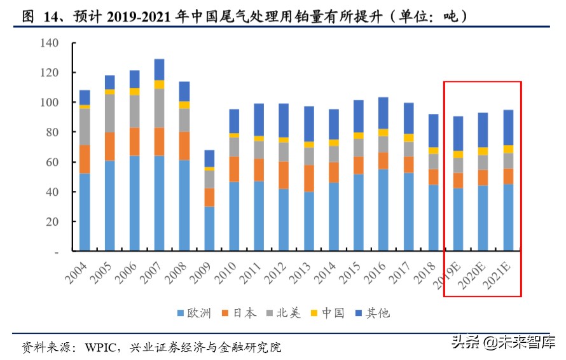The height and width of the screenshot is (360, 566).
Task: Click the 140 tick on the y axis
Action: (x=49, y=43)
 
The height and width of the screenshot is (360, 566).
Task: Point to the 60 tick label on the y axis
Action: (x=52, y=162)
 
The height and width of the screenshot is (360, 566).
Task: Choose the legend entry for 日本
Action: (x=236, y=312)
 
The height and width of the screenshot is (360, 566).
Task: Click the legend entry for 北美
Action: (x=283, y=312)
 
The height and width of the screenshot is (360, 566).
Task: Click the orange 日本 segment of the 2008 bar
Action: (x=184, y=146)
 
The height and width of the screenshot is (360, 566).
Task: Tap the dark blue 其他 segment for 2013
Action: (x=308, y=123)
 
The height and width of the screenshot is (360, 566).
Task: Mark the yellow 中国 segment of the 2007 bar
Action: (x=159, y=84)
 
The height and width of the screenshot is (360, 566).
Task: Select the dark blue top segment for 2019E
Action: (x=458, y=134)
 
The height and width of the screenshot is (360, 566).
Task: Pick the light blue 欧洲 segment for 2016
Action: (x=383, y=210)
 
